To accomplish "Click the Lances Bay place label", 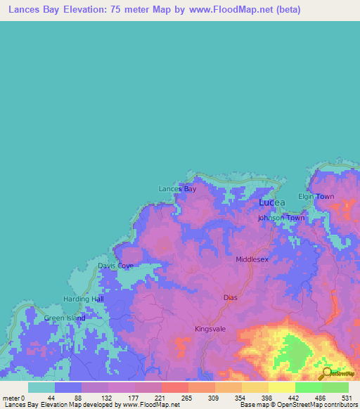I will click(177, 189).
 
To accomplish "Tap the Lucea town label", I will click(272, 203).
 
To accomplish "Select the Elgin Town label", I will click(316, 197).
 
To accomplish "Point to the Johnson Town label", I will click(281, 218).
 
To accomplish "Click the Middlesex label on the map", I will click(252, 259).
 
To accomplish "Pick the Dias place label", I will click(231, 297).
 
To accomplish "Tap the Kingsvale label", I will click(212, 328).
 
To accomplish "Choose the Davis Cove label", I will click(115, 266).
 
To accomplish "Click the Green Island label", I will click(65, 318).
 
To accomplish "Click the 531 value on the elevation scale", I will click(345, 398).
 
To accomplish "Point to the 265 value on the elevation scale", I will click(186, 398).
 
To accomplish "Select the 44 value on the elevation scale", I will click(51, 398).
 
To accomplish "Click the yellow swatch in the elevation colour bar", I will click(281, 387).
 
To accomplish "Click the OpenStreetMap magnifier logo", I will click(327, 374).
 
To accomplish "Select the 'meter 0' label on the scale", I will click(13, 398).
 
